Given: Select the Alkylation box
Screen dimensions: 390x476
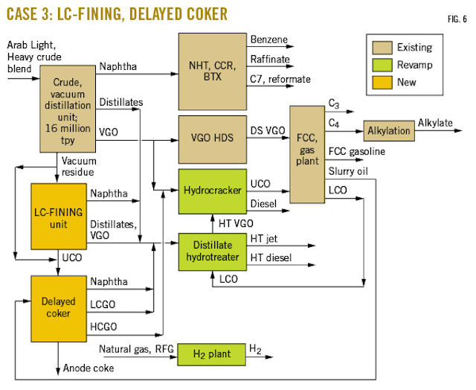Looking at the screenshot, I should coord(388,130).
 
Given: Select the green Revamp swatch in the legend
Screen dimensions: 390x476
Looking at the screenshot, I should coord(379,65).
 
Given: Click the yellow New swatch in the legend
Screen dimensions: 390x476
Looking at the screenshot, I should coord(379,82).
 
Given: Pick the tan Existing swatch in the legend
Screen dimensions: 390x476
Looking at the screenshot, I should coord(379,48).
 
